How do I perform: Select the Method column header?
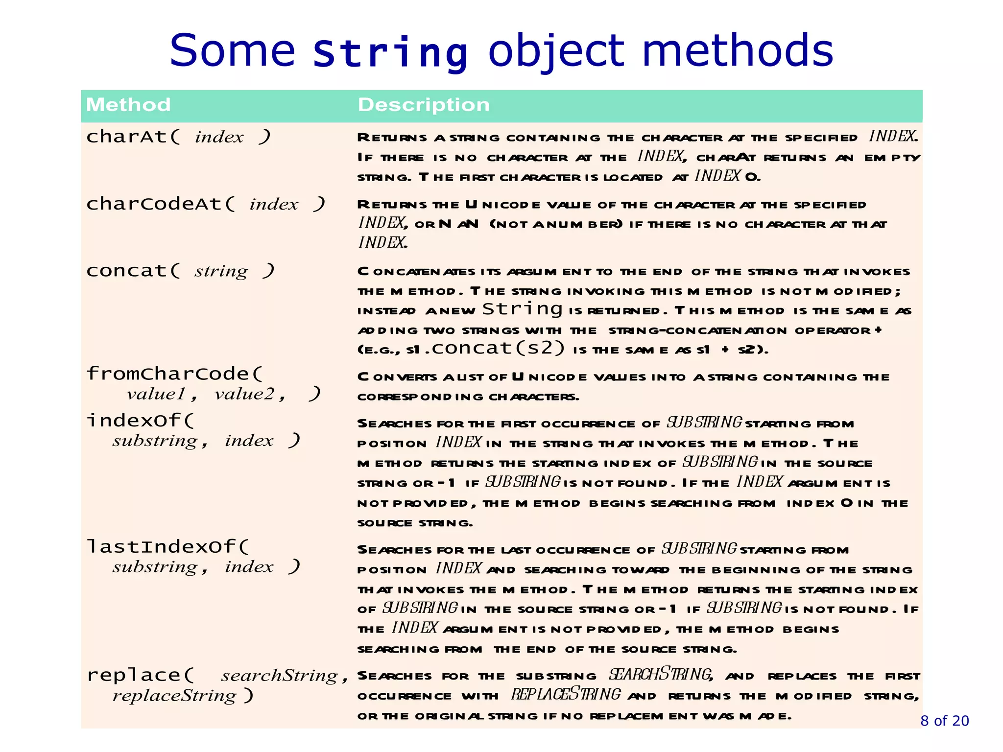pos(128,105)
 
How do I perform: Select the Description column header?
pos(424,105)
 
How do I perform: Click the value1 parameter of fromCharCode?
pos(156,394)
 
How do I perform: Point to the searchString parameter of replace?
pos(280,676)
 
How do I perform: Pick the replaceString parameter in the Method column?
pos(174,696)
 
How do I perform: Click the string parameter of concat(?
pos(221,271)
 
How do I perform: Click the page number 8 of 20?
pos(944,721)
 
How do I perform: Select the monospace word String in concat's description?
pos(522,309)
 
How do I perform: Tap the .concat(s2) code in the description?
pos(494,348)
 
